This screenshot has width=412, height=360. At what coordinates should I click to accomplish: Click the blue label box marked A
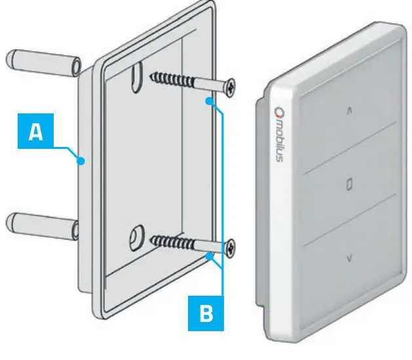[x=36, y=132]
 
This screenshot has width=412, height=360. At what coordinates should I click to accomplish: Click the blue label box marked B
[x=206, y=313]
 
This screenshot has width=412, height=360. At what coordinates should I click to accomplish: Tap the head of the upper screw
[x=231, y=87]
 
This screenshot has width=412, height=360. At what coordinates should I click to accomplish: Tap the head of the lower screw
[x=231, y=248]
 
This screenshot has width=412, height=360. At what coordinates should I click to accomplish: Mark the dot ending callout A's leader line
[x=80, y=160]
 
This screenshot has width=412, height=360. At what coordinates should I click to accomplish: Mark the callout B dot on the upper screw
[x=209, y=101]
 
